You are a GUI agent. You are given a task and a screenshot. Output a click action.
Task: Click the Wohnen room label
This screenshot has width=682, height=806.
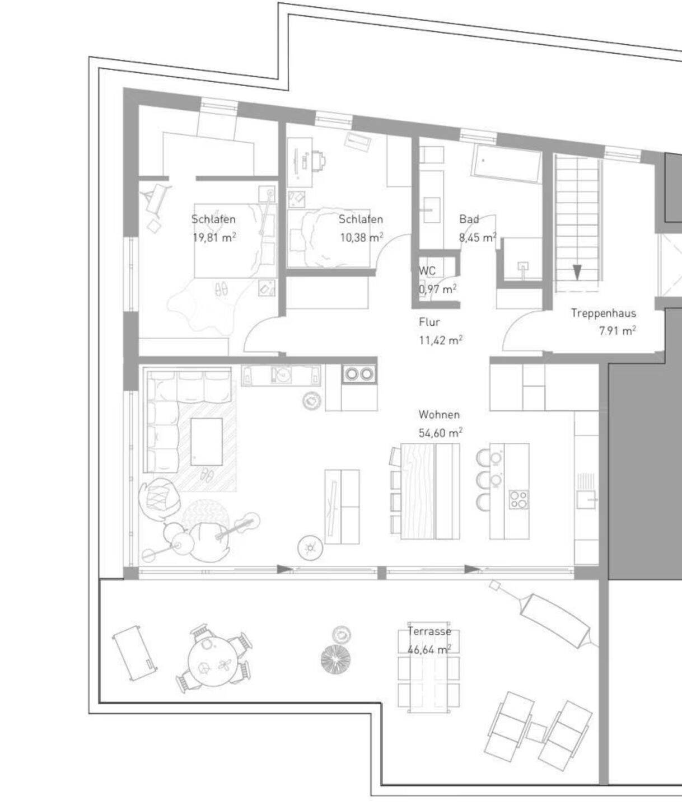tap(439, 415)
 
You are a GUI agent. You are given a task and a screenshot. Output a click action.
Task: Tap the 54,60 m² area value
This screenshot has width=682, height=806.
tap(441, 433)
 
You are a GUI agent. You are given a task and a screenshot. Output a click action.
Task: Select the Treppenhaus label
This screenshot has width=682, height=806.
tap(604, 313)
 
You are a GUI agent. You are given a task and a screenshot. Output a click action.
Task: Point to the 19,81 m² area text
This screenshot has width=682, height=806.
tap(214, 237)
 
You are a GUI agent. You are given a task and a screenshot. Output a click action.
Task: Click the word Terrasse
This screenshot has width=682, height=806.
tap(429, 631)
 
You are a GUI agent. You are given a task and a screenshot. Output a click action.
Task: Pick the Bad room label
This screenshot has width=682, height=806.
tap(469, 219)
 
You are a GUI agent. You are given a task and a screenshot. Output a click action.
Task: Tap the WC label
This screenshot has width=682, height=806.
tap(427, 270)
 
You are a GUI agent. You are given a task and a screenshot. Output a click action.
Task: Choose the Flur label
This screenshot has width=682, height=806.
tap(429, 322)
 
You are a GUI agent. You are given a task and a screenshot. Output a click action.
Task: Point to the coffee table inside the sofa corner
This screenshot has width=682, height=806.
tap(207, 442)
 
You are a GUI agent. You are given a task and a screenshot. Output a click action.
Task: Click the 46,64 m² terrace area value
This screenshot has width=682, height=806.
tap(429, 650)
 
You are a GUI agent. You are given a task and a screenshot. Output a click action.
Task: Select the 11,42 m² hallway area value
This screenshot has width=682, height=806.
tap(441, 340)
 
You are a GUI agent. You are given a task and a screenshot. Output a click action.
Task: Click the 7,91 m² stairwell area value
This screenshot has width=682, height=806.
tap(618, 331)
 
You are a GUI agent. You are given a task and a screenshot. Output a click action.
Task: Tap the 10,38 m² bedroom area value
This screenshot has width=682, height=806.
tap(361, 237)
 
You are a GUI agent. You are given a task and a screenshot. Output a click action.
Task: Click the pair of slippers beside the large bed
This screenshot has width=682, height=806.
tap(222, 289)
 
